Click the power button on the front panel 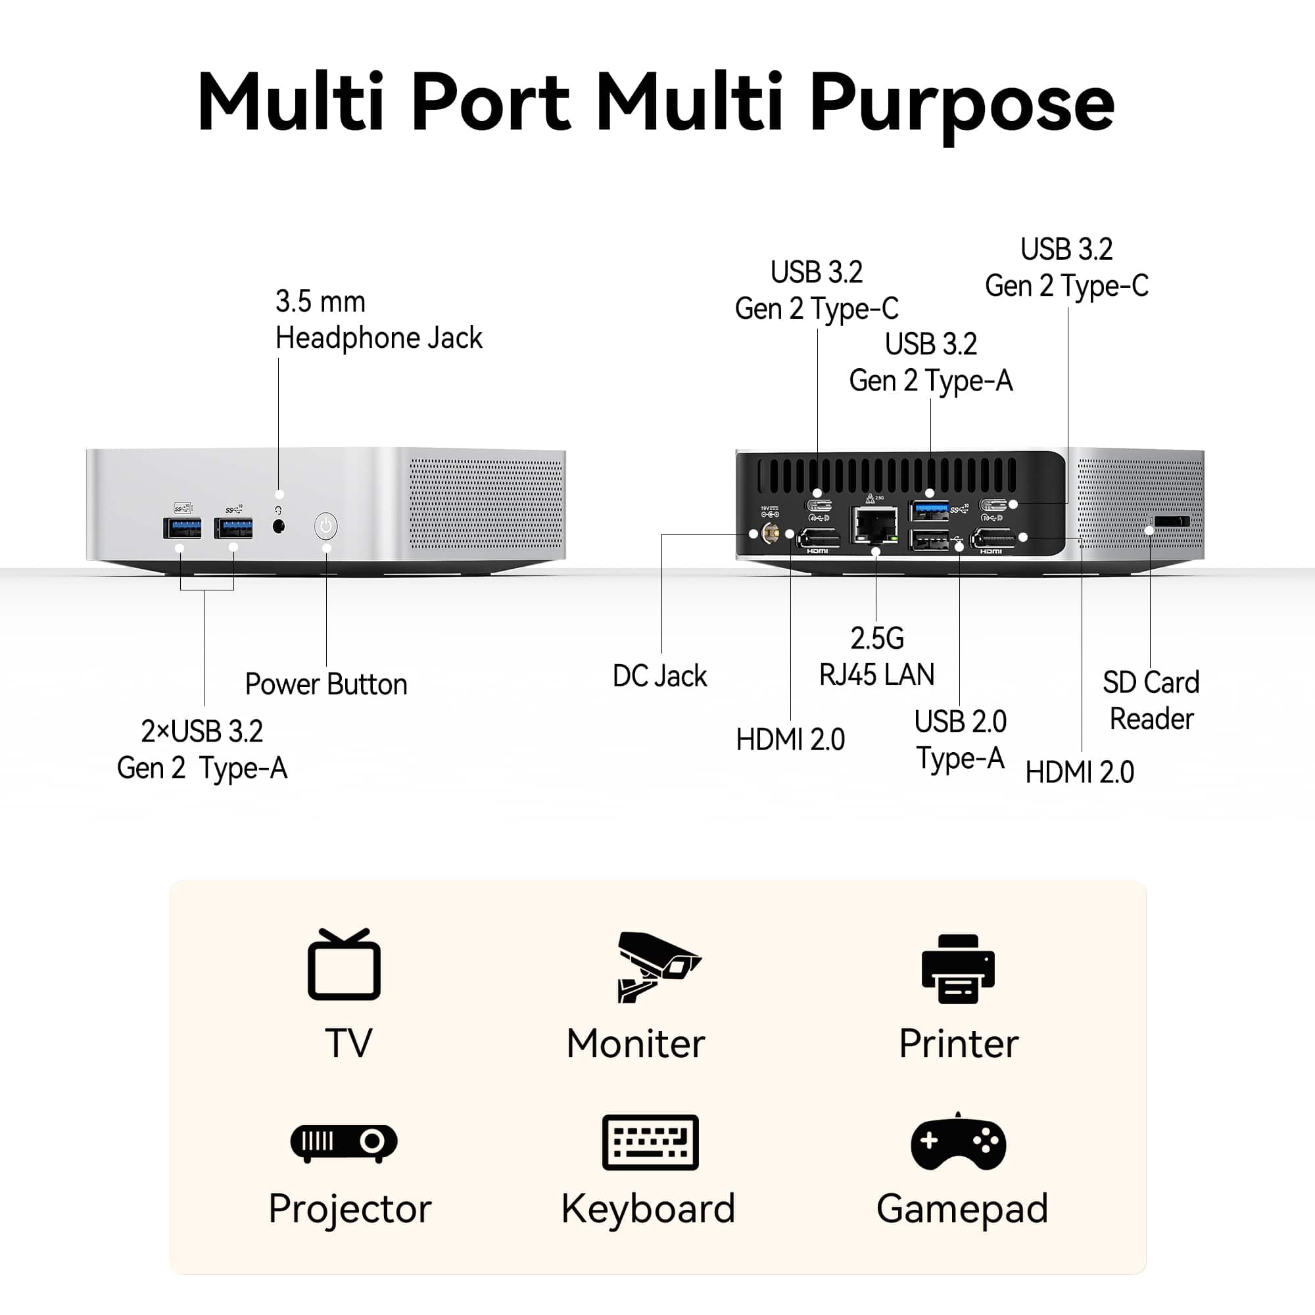click(x=326, y=526)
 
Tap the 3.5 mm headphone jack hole click(x=278, y=526)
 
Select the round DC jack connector click(x=771, y=534)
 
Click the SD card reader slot click(x=1172, y=521)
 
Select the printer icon click(x=958, y=968)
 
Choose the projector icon click(x=344, y=1141)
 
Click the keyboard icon click(x=650, y=1142)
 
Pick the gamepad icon click(x=959, y=1142)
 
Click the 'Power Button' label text click(x=326, y=684)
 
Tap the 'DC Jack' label click(x=659, y=676)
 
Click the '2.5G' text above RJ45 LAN click(x=876, y=638)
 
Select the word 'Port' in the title click(x=490, y=102)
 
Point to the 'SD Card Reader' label click(x=1151, y=700)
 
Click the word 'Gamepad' click(x=962, y=1210)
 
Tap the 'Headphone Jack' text click(x=379, y=338)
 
